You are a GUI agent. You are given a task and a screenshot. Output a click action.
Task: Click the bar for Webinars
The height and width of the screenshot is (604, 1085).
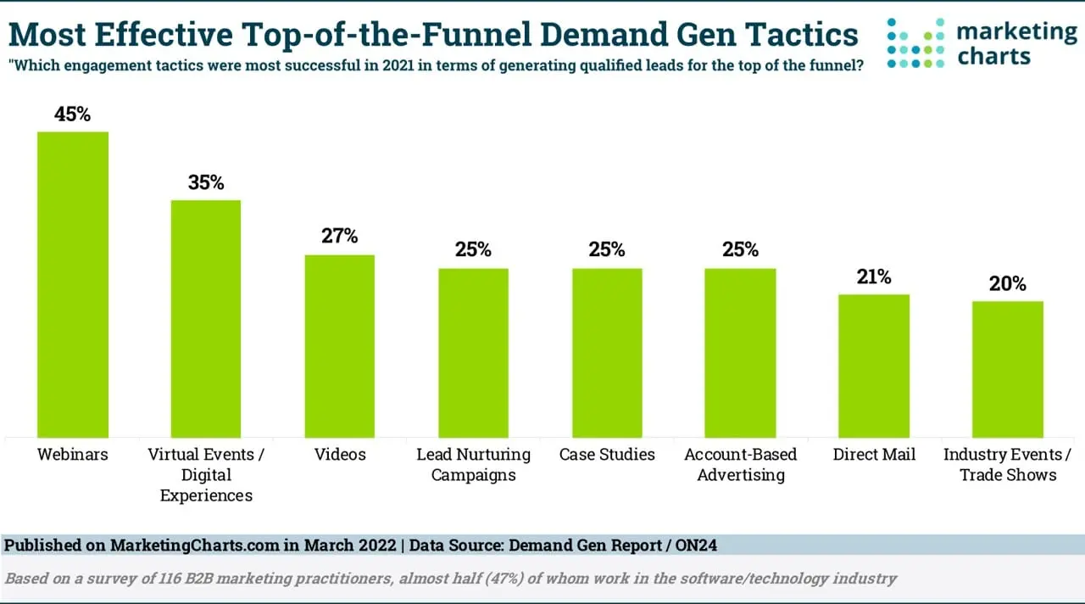73,284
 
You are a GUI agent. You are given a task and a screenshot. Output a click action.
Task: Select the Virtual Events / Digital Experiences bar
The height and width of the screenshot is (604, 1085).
206,318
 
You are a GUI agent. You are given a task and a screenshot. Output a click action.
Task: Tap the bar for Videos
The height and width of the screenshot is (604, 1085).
340,346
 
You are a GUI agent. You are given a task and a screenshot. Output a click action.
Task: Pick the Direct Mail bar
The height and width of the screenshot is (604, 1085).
874,366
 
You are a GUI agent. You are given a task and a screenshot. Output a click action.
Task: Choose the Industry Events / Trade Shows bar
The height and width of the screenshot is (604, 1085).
1007,369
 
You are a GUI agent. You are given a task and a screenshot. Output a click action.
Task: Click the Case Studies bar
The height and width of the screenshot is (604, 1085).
607,353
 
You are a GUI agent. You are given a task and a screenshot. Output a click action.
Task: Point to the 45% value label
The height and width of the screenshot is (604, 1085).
73,114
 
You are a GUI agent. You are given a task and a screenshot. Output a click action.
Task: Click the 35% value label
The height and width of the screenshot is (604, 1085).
206,182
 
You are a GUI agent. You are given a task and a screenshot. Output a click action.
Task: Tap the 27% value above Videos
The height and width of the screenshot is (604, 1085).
340,236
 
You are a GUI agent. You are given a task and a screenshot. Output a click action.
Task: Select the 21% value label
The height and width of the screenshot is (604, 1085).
874,277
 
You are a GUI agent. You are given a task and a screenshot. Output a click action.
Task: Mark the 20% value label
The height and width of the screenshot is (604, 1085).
1007,283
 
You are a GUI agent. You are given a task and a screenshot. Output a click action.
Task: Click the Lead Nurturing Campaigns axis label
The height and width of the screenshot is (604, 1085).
473,465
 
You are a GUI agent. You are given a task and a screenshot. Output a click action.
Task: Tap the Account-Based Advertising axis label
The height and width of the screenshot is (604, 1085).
741,465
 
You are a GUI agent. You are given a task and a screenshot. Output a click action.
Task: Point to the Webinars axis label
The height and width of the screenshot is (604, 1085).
73,455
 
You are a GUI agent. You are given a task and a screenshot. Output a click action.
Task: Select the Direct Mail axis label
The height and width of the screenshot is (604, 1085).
874,455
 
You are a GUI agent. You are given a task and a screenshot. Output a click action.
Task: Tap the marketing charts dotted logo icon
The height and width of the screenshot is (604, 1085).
915,43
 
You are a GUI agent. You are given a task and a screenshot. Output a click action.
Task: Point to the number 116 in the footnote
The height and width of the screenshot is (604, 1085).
157,579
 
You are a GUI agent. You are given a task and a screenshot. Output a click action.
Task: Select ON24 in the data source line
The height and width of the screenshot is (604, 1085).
695,545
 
